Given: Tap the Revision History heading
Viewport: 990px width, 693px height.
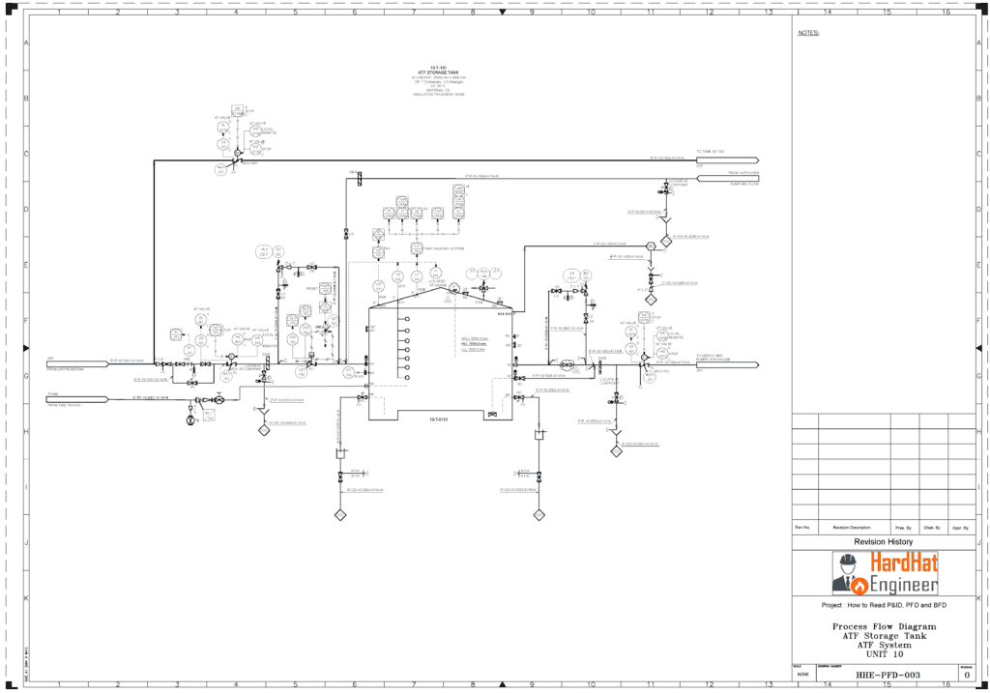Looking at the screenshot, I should [884, 542].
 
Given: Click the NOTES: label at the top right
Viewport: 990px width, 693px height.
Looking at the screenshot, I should [808, 33].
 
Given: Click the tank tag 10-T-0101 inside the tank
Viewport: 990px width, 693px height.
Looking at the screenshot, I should [438, 419].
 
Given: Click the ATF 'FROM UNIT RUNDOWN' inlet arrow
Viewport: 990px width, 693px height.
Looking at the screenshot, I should [77, 363].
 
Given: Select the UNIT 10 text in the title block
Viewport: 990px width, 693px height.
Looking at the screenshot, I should [884, 654].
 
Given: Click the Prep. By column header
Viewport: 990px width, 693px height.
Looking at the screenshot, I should [902, 528].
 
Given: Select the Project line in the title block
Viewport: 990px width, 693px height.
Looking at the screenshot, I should [884, 605].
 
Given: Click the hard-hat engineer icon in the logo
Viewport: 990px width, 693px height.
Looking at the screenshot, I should [848, 573].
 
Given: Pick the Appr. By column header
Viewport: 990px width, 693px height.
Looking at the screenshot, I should [961, 528].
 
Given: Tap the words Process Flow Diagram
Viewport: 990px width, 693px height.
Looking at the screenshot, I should [884, 626].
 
